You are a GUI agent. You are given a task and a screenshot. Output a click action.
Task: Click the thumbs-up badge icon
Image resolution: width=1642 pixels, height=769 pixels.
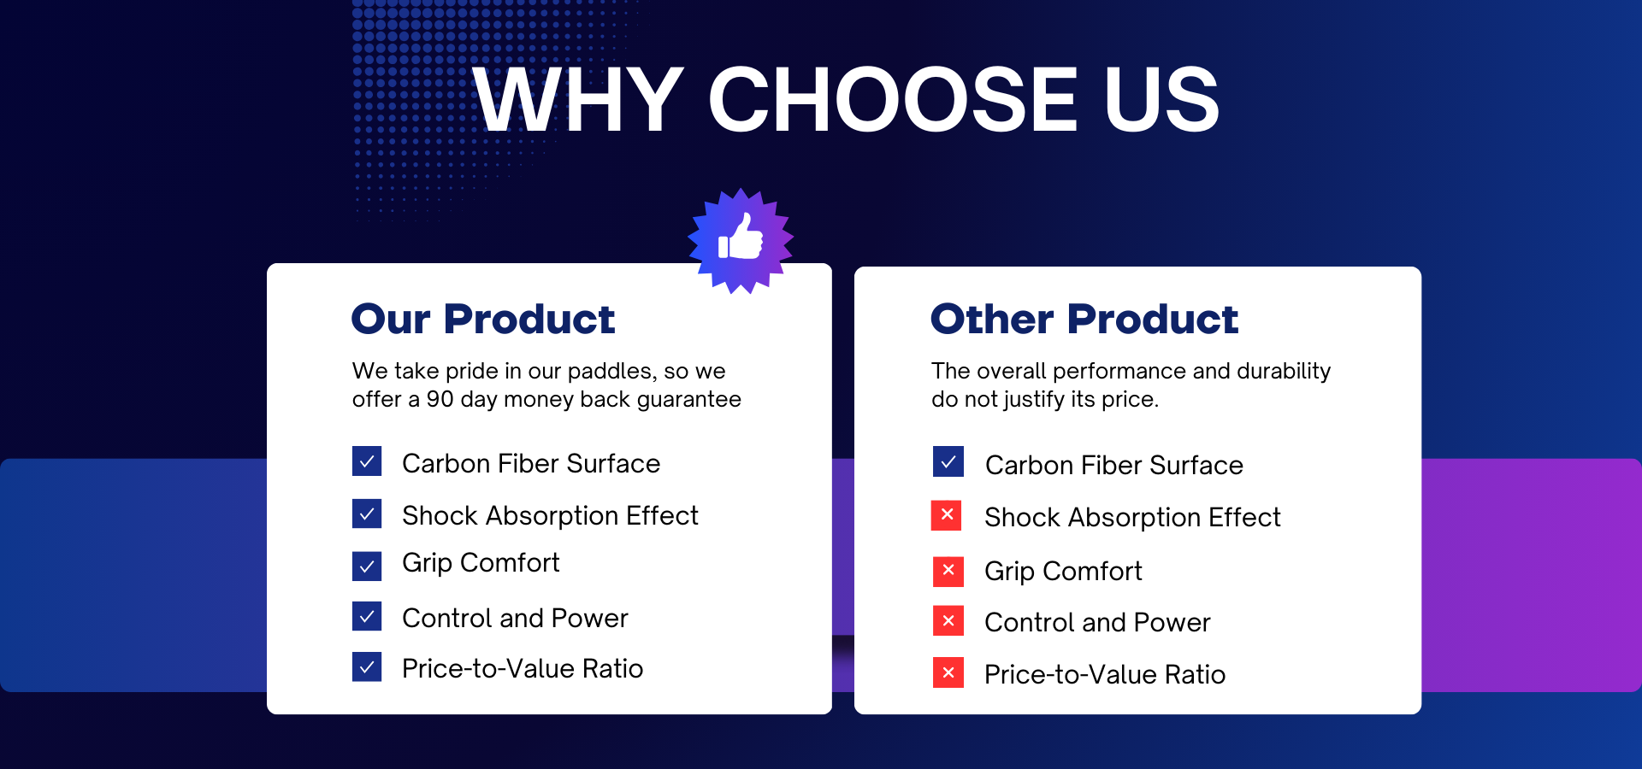741,241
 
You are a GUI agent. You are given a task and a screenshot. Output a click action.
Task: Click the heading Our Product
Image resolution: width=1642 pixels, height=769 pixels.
483,319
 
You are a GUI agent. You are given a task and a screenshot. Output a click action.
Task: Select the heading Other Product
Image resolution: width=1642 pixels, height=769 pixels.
1084,319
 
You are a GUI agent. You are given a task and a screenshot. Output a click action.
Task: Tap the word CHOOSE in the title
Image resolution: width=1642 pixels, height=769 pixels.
893,100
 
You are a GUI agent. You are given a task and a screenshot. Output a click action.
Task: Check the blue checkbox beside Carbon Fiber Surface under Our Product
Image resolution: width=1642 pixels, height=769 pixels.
367,461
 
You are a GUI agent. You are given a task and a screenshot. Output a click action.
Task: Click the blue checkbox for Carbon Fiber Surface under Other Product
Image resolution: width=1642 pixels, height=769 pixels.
948,461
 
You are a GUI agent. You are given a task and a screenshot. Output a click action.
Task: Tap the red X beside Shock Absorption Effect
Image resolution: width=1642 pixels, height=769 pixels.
947,515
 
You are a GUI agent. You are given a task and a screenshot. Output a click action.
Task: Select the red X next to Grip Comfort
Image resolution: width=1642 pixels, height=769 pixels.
948,571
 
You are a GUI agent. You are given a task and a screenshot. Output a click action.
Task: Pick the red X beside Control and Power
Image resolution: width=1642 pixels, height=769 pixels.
948,621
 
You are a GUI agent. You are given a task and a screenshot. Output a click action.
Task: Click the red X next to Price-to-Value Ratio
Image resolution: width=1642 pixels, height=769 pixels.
948,672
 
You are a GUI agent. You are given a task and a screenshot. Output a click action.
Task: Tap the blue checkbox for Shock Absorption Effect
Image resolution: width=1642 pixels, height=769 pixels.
367,514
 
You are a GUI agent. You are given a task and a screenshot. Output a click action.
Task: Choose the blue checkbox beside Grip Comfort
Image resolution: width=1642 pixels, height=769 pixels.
367,566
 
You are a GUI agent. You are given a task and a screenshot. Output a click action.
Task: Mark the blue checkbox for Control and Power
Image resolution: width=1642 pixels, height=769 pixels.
367,616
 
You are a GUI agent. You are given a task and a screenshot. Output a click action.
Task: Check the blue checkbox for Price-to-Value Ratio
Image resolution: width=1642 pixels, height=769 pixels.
367,666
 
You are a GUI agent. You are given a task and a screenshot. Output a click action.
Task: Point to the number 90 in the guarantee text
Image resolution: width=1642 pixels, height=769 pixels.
440,399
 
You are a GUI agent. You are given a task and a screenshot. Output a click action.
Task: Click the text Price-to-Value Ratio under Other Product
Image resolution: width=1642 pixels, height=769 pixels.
1105,674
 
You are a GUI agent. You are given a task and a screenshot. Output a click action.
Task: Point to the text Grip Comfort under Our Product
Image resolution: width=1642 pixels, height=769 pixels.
481,564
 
